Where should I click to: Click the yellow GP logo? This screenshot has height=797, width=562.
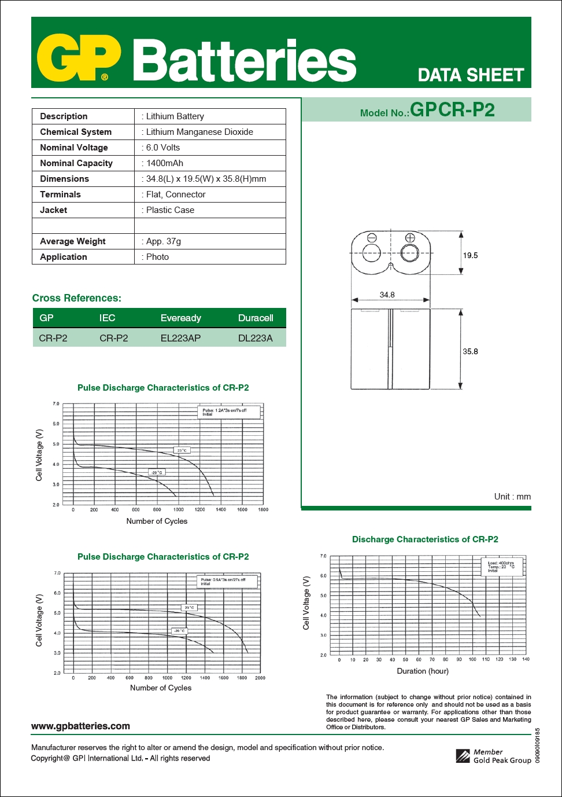tap(79, 58)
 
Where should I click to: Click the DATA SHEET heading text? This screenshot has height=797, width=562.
tap(470, 75)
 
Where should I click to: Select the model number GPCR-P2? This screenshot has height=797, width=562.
tap(452, 110)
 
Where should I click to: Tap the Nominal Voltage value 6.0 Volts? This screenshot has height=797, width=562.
tap(163, 148)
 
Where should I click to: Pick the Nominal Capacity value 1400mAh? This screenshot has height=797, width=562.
tap(164, 163)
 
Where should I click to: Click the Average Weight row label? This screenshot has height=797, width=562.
tap(73, 241)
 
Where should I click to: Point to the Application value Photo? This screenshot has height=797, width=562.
tap(157, 257)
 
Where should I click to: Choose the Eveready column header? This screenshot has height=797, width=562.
tap(180, 318)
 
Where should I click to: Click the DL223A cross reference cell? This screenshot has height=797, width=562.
tap(255, 338)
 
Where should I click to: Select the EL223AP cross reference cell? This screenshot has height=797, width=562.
tap(180, 338)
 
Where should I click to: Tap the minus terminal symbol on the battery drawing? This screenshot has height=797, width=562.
tap(372, 237)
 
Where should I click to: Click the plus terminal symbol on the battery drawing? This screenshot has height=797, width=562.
tap(410, 237)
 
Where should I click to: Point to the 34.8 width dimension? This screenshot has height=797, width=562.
tap(387, 295)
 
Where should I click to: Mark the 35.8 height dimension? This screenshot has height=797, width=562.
tap(470, 351)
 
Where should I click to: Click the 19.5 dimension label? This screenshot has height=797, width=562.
tap(470, 255)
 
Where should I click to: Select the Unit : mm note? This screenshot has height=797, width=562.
tap(512, 497)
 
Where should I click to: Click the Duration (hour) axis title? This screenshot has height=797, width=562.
tap(423, 671)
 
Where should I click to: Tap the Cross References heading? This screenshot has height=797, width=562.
tap(77, 298)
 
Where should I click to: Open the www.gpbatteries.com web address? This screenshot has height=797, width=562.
tap(80, 726)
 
